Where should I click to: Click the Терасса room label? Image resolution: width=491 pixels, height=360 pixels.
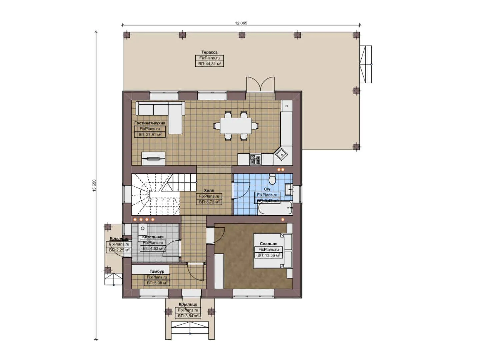209,52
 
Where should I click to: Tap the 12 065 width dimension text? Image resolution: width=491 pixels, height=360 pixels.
241,23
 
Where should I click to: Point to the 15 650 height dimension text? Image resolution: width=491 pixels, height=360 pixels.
94,185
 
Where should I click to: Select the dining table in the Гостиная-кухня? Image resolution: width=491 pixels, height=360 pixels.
236,126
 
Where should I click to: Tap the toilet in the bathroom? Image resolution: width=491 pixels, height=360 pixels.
272,179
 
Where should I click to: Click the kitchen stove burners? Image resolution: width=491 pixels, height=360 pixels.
255,159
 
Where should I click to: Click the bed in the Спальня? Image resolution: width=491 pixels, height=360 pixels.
273,251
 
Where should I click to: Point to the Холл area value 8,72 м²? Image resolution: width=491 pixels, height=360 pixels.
209,202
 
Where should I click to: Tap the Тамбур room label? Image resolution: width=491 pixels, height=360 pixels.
157,271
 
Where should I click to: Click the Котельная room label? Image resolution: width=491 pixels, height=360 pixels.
153,237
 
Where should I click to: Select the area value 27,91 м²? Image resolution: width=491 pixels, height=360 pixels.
150,135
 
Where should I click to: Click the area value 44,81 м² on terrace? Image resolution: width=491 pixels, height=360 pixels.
209,64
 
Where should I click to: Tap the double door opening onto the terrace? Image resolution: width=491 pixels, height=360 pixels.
260,85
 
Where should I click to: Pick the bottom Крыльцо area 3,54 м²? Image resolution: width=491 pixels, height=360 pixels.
188,316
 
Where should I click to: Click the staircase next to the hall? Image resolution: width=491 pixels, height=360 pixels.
155,194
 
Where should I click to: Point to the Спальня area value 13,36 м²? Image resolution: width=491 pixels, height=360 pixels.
268,255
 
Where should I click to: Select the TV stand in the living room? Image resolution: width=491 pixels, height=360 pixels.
153,159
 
